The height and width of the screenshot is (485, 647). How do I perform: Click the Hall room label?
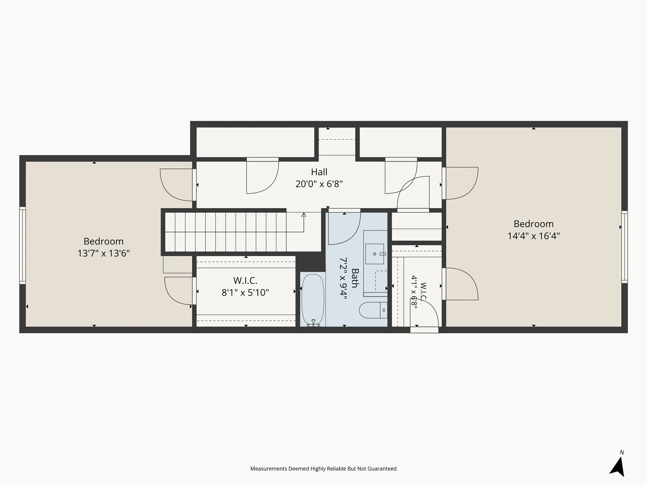(x=319, y=172)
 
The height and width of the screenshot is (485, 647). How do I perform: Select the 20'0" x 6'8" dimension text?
(x=319, y=184)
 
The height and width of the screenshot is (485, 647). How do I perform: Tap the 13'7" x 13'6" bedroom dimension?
(x=104, y=253)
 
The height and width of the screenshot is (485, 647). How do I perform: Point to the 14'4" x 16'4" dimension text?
(x=534, y=236)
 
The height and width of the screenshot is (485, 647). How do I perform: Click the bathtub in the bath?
(x=313, y=300)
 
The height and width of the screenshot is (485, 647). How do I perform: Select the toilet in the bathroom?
(x=373, y=310)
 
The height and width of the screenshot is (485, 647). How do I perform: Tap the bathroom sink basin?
(x=375, y=254)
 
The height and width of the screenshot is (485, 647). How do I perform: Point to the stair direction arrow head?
(x=304, y=215)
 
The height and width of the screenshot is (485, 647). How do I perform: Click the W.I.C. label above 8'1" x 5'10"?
(x=245, y=280)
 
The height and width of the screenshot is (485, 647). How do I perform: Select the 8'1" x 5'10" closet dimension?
(x=245, y=292)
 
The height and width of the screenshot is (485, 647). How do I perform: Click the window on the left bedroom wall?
(x=22, y=245)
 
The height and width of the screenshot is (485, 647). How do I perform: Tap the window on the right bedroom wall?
(x=625, y=247)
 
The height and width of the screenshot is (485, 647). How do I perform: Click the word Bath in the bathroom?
(x=355, y=278)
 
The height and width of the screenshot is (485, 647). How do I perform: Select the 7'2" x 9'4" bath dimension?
(x=343, y=278)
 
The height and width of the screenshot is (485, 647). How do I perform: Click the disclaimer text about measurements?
(x=323, y=469)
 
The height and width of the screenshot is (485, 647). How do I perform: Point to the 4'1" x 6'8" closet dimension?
(x=414, y=292)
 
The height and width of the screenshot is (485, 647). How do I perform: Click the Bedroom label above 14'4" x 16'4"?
(x=534, y=224)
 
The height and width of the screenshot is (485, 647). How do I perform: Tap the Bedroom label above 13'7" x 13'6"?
(x=104, y=241)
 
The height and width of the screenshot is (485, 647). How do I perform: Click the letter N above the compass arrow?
(x=622, y=452)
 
